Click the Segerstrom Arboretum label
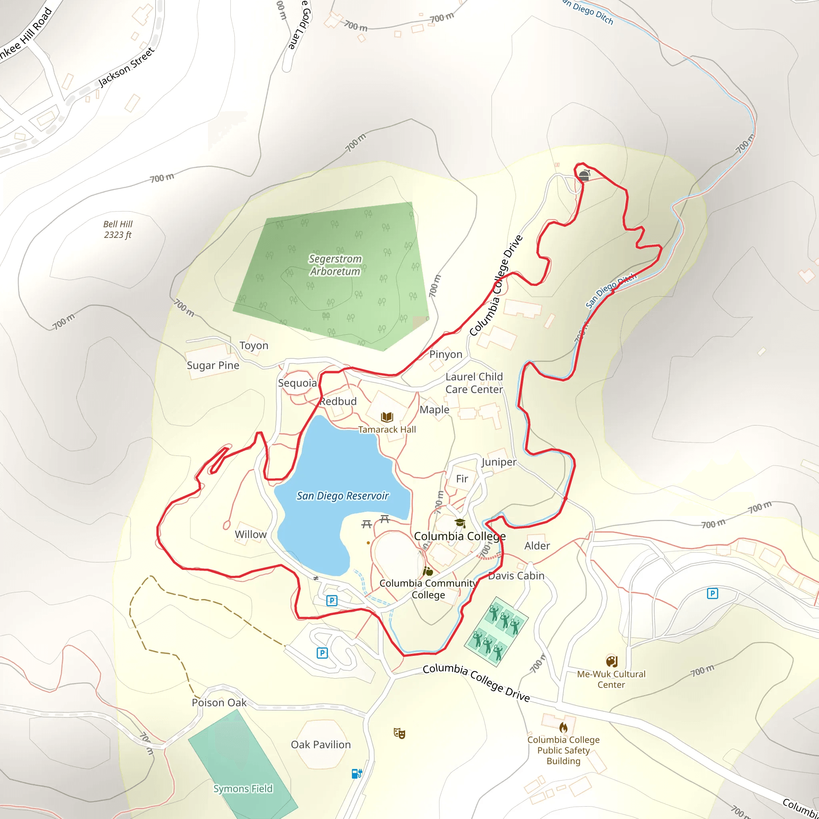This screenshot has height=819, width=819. coord(335,265)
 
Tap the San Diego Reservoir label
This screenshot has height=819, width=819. coord(343,495)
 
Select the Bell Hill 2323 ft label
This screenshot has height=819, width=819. coord(118,229)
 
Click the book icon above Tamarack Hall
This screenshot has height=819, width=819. coord(387,417)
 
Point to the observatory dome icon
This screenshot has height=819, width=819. coord(584,175)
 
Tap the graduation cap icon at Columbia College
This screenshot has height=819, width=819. coord(460,523)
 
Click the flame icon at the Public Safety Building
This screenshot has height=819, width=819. coord(563,727)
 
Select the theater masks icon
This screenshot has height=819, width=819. coord(400,733)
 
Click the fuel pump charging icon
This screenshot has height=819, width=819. coord(356,774)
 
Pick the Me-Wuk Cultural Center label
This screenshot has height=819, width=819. coord(611,679)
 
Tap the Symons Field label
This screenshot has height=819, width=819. coord(243,789)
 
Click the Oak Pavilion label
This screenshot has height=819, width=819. coord(320,745)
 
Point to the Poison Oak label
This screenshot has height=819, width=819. coord(219,702)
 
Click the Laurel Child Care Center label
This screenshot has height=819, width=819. coord(474,383)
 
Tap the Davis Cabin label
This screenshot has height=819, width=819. coord(516,576)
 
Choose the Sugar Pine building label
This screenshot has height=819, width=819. coord(213,366)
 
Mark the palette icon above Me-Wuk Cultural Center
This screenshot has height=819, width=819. coord(611,661)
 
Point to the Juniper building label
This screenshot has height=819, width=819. coord(499,462)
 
